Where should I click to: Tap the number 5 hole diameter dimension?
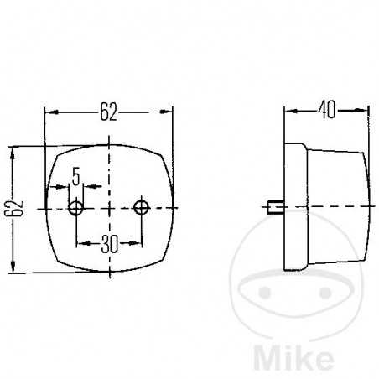point(76,176)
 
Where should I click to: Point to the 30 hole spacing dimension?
point(109,244)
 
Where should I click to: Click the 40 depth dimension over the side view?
point(328,108)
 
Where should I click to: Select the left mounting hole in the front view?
point(77,206)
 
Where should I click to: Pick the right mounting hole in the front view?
point(141,206)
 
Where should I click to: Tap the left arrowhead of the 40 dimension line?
point(288,109)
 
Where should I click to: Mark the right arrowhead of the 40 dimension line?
point(365,109)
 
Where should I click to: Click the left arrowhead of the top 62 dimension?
point(49,112)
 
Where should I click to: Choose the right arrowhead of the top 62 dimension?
point(169,112)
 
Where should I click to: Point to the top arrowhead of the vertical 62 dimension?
point(12,151)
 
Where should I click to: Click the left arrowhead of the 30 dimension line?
point(80,244)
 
